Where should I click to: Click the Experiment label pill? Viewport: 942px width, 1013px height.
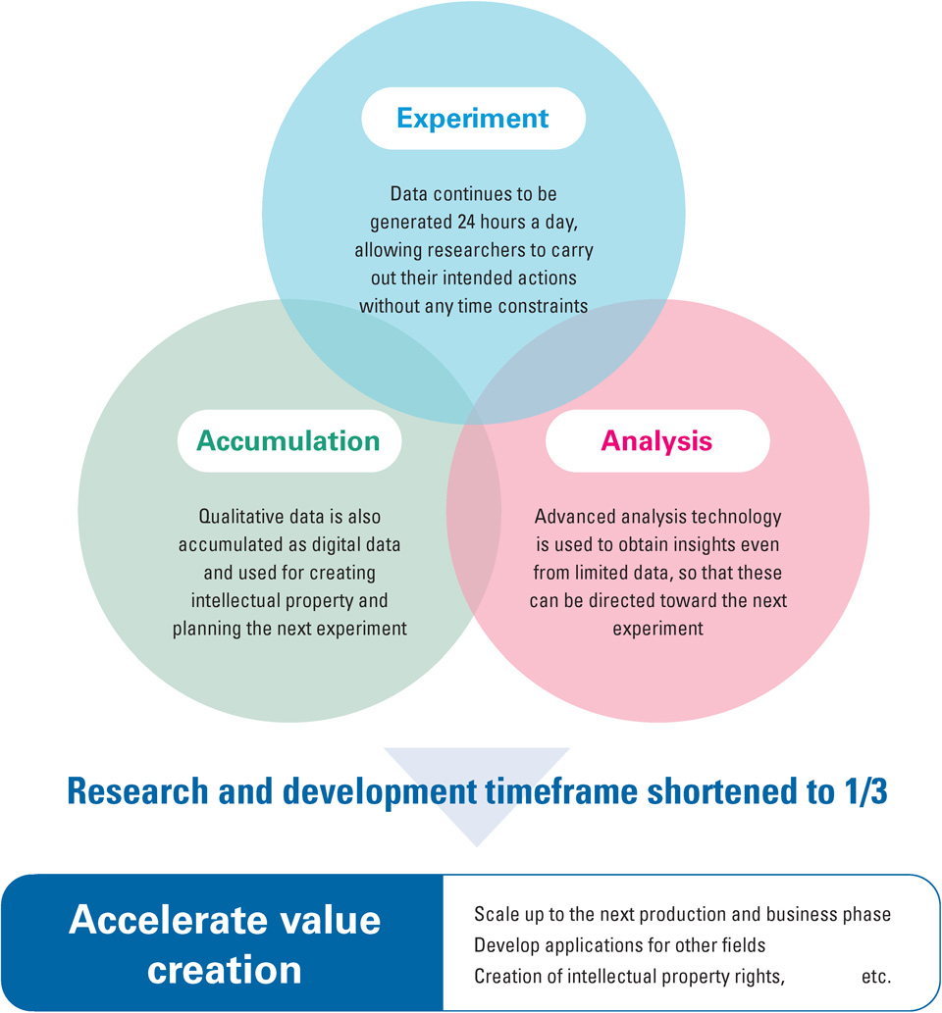tap(473, 119)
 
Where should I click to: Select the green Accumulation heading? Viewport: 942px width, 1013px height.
tap(288, 440)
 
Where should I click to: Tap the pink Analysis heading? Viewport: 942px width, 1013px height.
tap(656, 441)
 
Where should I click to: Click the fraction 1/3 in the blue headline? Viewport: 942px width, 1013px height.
tap(865, 790)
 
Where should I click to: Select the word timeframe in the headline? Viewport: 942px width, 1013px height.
tap(561, 790)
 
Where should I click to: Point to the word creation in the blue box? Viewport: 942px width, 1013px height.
tap(225, 970)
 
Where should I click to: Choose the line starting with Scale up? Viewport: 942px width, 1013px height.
tap(682, 914)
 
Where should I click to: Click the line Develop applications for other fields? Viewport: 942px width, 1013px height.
tap(619, 945)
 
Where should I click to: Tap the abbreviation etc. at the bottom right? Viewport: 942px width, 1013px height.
tap(876, 977)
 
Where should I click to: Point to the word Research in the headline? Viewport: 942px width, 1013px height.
tap(137, 790)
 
